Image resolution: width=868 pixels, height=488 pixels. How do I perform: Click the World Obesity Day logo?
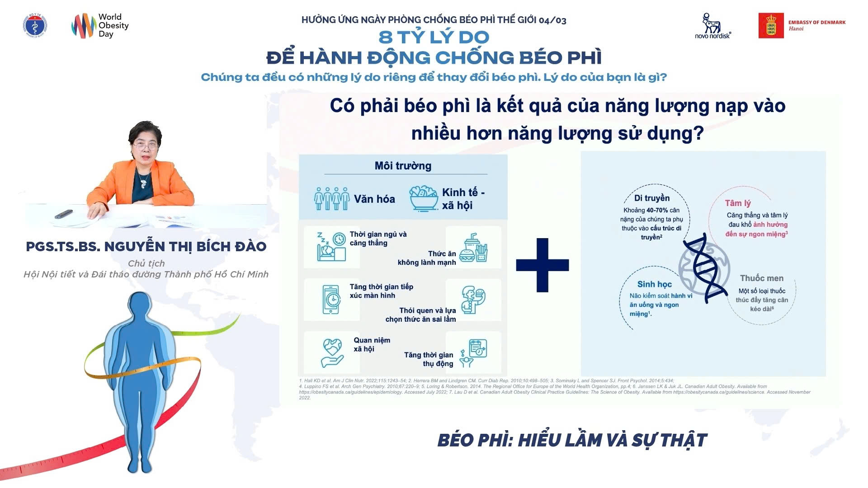[x=100, y=26]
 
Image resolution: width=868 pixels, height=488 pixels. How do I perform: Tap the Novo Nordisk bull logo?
[x=712, y=23]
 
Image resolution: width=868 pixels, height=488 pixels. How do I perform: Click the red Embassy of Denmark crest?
[x=771, y=26]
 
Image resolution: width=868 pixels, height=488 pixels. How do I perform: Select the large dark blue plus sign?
[x=542, y=265]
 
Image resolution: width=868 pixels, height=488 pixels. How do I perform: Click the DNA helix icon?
[x=704, y=267]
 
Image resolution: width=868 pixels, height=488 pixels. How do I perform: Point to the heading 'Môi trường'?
[x=403, y=166]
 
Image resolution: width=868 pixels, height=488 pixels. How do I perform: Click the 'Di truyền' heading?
[x=651, y=198]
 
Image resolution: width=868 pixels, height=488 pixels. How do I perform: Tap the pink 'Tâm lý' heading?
[x=737, y=203]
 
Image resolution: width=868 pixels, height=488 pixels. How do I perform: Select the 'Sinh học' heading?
[x=654, y=284]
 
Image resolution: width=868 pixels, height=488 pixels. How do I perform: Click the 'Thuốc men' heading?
[x=761, y=278]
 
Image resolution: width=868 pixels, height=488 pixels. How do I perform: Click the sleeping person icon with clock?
[x=331, y=246]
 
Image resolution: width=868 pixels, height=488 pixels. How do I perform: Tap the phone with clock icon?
[x=331, y=299]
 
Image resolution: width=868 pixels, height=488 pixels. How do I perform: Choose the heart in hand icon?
[x=332, y=352]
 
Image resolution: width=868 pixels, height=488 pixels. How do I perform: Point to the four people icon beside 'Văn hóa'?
[x=332, y=199]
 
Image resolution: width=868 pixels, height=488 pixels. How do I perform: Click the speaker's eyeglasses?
[x=145, y=145]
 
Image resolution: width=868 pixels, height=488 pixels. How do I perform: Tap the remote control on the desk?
[x=63, y=214]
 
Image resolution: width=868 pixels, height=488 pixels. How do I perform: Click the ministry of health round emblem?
[x=35, y=25]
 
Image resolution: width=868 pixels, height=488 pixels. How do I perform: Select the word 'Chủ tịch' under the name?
[x=146, y=263]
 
